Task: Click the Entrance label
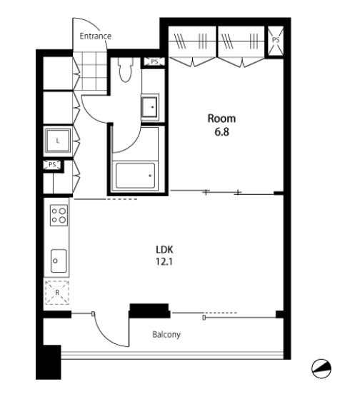(x=96, y=36)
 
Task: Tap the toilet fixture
(x=125, y=69)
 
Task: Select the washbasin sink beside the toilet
(x=150, y=107)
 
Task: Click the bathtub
(x=135, y=176)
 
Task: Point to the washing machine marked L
(x=58, y=141)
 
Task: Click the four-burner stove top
(x=59, y=216)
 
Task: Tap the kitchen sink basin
(x=59, y=261)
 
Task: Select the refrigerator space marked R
(x=57, y=293)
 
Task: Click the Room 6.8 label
(x=221, y=125)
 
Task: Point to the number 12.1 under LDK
(x=164, y=262)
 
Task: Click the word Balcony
(x=166, y=334)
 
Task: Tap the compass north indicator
(x=321, y=368)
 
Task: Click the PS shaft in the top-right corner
(x=276, y=41)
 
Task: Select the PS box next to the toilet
(x=154, y=61)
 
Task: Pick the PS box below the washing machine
(x=52, y=165)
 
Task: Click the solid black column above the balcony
(x=149, y=310)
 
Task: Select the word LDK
(x=164, y=250)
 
